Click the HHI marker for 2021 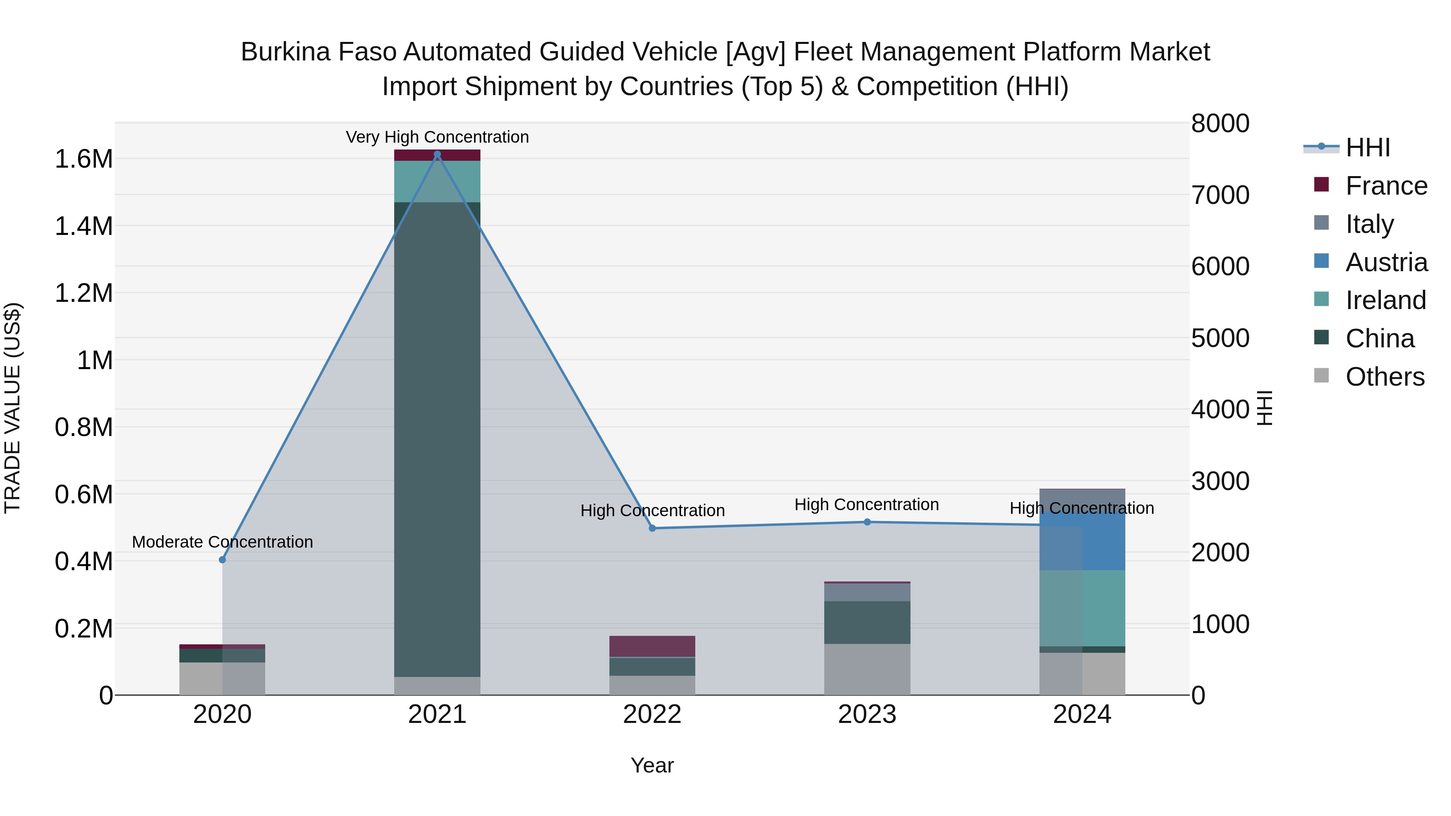point(437,154)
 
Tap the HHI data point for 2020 point(222,560)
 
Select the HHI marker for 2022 point(652,528)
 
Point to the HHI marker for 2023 point(867,522)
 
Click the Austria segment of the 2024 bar point(1082,541)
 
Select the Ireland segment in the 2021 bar point(437,181)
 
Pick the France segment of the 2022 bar point(652,646)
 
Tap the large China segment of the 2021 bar point(437,439)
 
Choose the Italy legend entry point(1369,224)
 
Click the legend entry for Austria point(1386,262)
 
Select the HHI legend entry point(1368,147)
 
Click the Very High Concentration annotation point(437,137)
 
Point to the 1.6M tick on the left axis point(83,159)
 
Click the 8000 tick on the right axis point(1220,123)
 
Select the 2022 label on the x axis point(652,714)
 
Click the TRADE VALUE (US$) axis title point(12,408)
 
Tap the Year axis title point(652,765)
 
